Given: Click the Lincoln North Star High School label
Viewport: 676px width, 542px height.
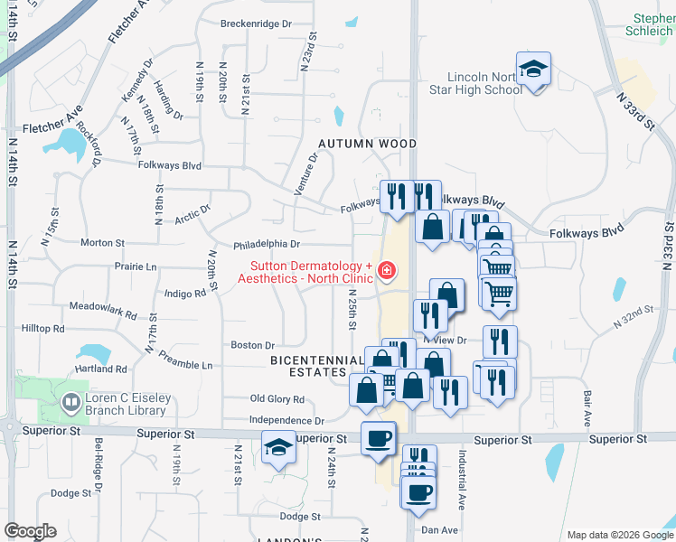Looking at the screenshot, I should (484, 84).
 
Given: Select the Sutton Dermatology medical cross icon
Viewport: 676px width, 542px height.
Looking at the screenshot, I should (386, 270).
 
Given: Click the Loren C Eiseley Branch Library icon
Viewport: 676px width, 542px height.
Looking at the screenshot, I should (70, 400).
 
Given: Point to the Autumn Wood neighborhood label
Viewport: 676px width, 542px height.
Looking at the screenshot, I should (367, 144).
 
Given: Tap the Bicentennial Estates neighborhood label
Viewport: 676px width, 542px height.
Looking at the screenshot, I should (316, 366).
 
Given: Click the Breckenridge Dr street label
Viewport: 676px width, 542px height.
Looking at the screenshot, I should (256, 24).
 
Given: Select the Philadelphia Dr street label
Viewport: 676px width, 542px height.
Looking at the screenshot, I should (266, 245).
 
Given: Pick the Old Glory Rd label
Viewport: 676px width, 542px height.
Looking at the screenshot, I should (277, 399).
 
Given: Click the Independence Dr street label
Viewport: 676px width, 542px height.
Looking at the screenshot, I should (286, 421).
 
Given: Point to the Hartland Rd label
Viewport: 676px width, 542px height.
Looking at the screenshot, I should (102, 369).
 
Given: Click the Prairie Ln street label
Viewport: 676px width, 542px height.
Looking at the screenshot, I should (135, 267).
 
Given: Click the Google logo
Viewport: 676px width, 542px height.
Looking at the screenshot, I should (30, 531).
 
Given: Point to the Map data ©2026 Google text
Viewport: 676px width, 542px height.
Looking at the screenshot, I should (619, 535).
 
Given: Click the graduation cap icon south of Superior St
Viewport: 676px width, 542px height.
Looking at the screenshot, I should (278, 447).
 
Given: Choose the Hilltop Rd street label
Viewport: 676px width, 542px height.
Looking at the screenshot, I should (43, 329).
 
